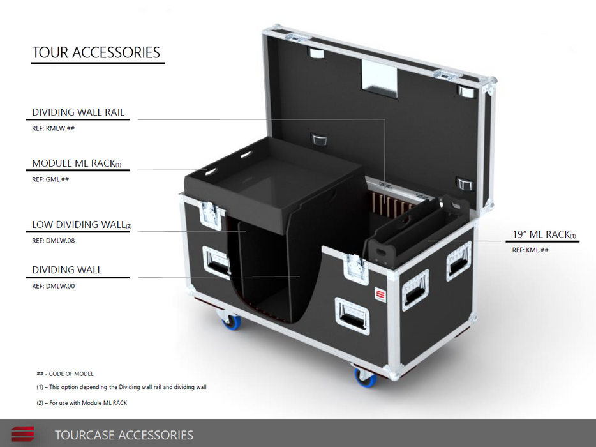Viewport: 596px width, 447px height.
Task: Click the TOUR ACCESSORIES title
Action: (x=96, y=52)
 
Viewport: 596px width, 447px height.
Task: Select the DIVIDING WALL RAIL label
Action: (x=78, y=112)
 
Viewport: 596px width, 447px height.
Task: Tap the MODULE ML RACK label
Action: (x=77, y=163)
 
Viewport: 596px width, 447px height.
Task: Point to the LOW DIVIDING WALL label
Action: (x=82, y=224)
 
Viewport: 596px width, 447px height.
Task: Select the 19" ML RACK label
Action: (x=544, y=234)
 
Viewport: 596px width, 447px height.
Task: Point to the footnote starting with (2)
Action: (x=82, y=403)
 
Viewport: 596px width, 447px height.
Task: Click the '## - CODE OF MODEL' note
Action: (x=65, y=374)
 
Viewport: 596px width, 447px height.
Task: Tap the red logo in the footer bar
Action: (x=23, y=434)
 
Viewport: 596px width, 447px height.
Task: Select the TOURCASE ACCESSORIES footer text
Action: (x=124, y=435)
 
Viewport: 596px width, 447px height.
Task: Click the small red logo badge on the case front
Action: (x=380, y=295)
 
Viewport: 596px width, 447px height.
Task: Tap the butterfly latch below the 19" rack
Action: (x=355, y=268)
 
